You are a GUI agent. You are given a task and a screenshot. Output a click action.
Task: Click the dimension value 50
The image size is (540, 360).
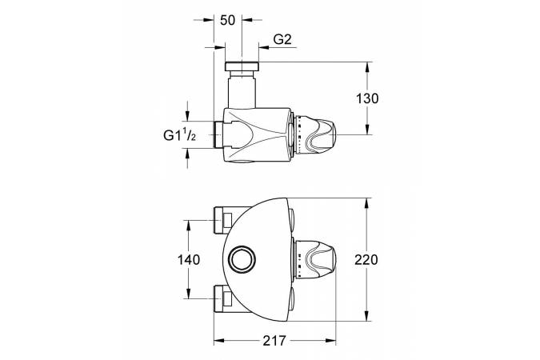227,20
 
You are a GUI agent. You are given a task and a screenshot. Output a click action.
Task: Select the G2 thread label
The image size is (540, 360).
282,40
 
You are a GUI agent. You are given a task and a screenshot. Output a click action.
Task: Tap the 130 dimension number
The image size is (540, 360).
367,98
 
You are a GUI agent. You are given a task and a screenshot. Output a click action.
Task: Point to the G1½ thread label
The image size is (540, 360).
179,135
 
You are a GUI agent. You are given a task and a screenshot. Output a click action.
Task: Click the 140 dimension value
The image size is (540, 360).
188,259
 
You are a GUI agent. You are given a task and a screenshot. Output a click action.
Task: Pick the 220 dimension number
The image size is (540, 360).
366,259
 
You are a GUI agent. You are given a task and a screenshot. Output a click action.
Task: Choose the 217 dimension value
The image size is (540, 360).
274,341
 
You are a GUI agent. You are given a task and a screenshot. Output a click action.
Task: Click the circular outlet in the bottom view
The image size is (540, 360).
243,259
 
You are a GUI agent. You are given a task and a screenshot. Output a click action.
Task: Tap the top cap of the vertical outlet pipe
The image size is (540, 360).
242,66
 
